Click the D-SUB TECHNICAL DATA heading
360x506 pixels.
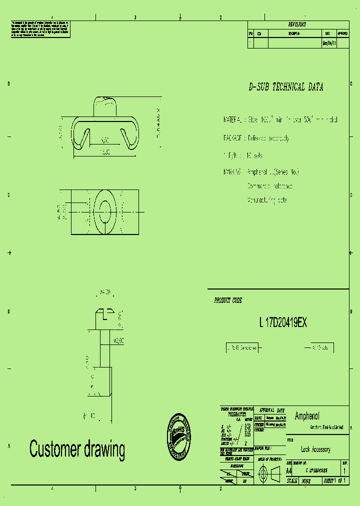pyautogui.click(x=286, y=87)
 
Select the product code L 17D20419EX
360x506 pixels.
pyautogui.click(x=283, y=323)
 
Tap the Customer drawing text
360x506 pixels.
pyautogui.click(x=77, y=449)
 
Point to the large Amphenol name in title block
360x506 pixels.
pyautogui.click(x=307, y=416)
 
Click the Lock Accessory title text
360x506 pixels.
pyautogui.click(x=315, y=449)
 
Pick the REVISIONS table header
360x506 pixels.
pyautogui.click(x=297, y=24)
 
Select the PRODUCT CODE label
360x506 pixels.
pyautogui.click(x=228, y=300)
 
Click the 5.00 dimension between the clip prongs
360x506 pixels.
pyautogui.click(x=105, y=140)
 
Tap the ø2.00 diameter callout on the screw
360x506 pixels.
pyautogui.click(x=118, y=340)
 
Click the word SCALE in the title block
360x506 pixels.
pyautogui.click(x=291, y=480)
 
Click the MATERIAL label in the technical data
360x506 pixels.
pyautogui.click(x=233, y=120)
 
